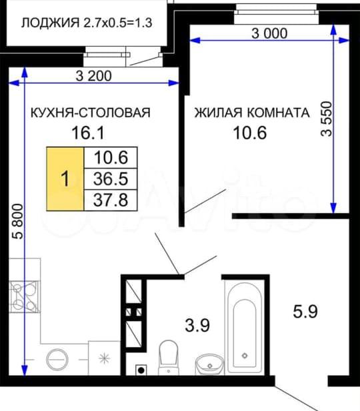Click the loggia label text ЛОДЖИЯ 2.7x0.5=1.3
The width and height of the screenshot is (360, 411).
tap(87, 23)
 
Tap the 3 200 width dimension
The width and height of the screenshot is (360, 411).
tap(94, 76)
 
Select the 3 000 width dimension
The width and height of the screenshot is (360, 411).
tap(269, 33)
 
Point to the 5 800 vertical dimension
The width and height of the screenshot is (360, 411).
tap(19, 222)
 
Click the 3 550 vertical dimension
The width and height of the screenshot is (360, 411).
tap(327, 119)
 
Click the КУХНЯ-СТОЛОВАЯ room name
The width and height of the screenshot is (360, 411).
tap(91, 113)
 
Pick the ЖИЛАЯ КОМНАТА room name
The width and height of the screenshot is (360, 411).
tap(252, 113)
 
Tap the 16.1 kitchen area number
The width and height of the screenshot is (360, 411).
tap(88, 133)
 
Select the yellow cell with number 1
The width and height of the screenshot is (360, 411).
tap(65, 179)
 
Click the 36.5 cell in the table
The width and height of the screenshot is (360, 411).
tap(111, 179)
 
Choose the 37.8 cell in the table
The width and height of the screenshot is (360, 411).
tap(111, 200)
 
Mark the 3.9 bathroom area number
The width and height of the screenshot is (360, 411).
tap(197, 325)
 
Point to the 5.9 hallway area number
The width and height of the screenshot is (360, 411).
tap(305, 311)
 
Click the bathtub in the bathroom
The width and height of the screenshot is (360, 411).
tap(245, 327)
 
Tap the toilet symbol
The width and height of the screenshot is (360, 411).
tap(169, 357)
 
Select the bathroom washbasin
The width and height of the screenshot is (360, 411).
tap(209, 364)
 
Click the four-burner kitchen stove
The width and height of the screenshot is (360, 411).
tap(24, 296)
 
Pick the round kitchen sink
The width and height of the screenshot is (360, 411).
tap(57, 359)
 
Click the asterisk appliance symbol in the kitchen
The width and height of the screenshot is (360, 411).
tap(104, 358)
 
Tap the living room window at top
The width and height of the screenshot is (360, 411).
tap(276, 12)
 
